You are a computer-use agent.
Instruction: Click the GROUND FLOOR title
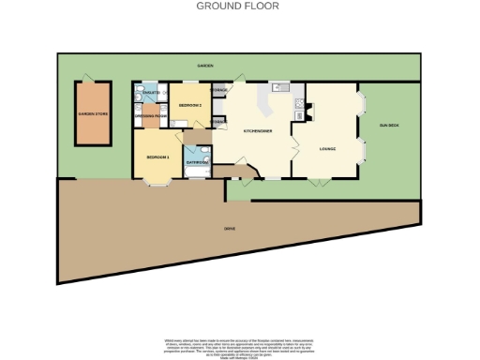pyautogui.click(x=237, y=6)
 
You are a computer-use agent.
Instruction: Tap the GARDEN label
pyautogui.click(x=204, y=66)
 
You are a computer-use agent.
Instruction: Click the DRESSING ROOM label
pyautogui.click(x=151, y=115)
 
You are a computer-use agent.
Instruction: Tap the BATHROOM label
pyautogui.click(x=197, y=163)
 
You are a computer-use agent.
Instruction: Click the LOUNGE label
pyautogui.click(x=327, y=148)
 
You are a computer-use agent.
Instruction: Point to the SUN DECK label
pyautogui.click(x=388, y=125)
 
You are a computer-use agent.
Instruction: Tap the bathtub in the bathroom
pyautogui.click(x=200, y=153)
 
